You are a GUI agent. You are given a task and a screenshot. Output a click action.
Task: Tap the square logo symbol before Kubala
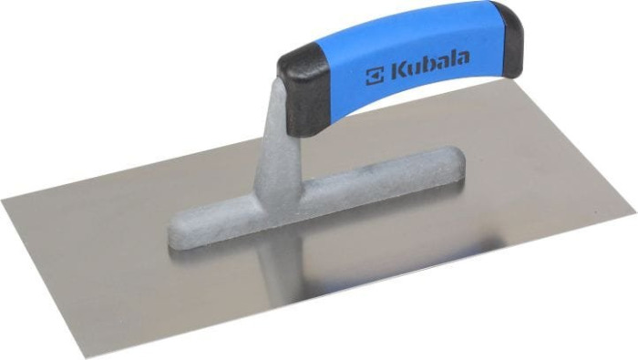point(374,74)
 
